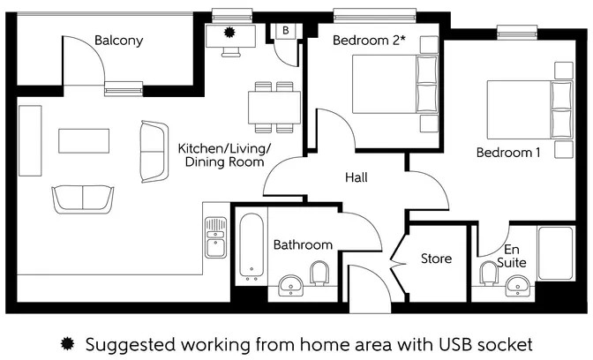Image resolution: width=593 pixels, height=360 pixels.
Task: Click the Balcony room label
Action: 118,41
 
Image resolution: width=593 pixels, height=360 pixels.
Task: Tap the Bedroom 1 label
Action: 508,152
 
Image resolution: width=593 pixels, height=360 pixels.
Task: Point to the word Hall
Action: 357,177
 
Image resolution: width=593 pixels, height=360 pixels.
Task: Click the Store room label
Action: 436,259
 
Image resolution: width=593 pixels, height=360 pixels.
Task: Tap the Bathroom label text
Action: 303,244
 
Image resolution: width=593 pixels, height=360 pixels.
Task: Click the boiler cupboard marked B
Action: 285,30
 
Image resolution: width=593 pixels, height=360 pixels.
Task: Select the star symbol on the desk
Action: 231,32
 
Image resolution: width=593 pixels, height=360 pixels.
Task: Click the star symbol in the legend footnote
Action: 67,342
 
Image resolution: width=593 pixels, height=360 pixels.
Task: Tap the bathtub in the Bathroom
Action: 251,247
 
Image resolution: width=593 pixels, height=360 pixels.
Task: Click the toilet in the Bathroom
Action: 321,274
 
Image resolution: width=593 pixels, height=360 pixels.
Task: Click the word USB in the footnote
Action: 409,342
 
